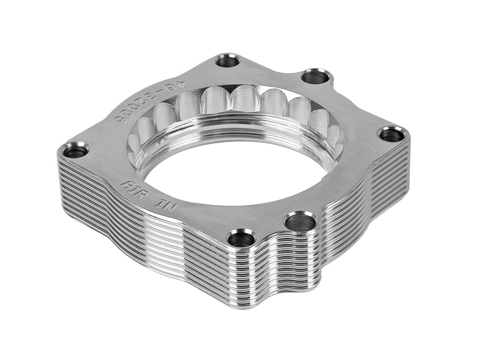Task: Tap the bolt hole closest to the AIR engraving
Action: pyautogui.click(x=76, y=150)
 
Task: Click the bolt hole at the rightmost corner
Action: pyautogui.click(x=391, y=134)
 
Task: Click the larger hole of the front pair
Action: pyautogui.click(x=300, y=223)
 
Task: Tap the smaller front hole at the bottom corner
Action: pyautogui.click(x=242, y=238)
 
